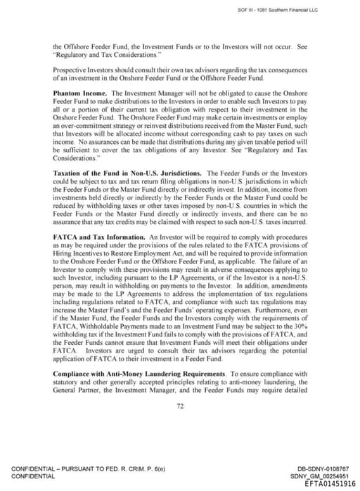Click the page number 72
[x=180, y=405]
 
